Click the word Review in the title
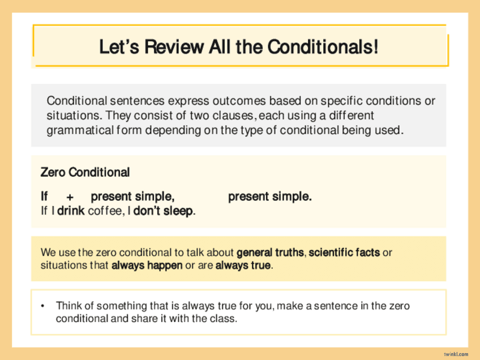[174, 47]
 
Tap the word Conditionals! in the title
[323, 47]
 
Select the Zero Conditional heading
[85, 172]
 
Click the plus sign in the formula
[70, 198]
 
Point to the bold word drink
[71, 211]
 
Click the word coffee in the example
[105, 211]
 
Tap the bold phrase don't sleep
[163, 211]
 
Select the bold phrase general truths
[270, 252]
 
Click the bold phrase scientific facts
[344, 252]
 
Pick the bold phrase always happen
[147, 265]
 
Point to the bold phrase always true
[243, 265]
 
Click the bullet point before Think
[42, 306]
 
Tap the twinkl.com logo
[456, 354]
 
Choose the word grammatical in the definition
[80, 130]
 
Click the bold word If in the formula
[44, 196]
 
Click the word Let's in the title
[119, 47]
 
